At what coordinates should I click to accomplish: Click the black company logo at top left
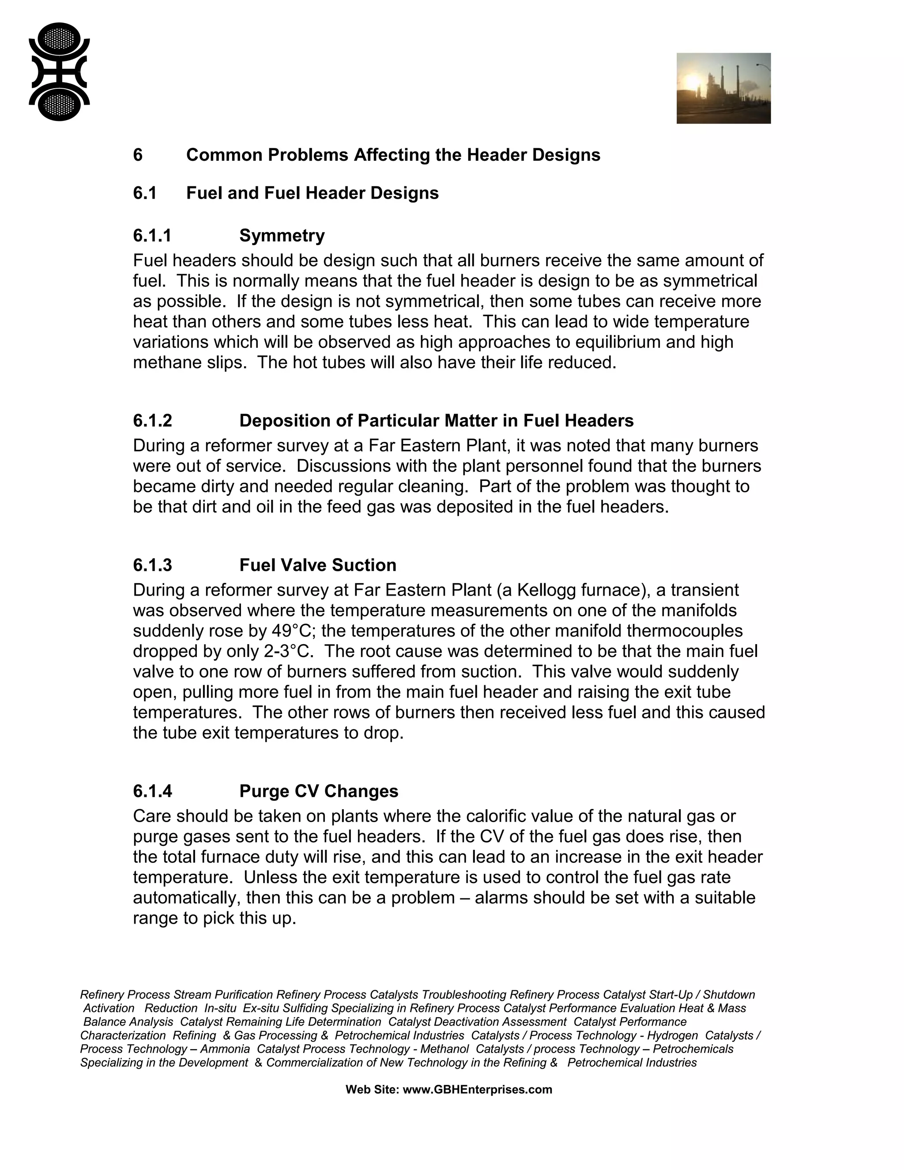pos(59,72)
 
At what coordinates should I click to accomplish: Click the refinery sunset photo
pos(723,88)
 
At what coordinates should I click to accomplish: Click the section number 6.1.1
pos(152,236)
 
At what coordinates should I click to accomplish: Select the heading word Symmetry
pos(282,236)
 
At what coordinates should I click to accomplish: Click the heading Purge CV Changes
pos(319,791)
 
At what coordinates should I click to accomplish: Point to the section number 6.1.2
pos(152,420)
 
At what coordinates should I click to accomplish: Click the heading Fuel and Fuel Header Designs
pos(312,193)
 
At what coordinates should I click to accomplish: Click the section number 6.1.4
pos(152,791)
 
